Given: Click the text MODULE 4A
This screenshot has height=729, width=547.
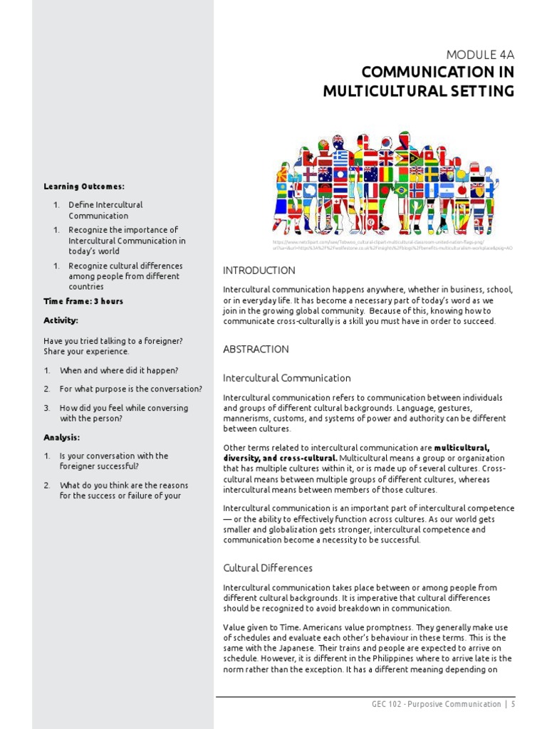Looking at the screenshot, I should point(479,54).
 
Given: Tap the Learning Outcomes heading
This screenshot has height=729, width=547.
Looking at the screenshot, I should point(83,187).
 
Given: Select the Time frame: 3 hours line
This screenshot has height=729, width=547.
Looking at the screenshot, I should point(83,301).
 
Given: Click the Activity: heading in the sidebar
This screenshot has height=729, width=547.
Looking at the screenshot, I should point(61,320).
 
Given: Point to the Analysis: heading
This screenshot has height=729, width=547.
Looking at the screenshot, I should point(61,438).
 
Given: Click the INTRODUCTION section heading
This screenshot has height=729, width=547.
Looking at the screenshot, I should point(259,271).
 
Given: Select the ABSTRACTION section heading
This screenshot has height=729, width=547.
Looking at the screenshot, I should point(256,350).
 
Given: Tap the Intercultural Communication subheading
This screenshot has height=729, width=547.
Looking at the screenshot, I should point(286,378).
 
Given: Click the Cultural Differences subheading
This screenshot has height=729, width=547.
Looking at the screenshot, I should point(267,568).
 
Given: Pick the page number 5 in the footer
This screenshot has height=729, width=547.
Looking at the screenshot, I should point(512,704).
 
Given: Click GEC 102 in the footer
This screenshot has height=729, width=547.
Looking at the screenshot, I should point(387,704).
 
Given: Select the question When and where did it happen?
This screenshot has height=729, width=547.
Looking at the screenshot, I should point(118,371).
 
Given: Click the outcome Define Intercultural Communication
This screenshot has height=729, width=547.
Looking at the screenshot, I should point(105,210).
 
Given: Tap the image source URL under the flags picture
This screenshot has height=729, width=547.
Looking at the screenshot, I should point(392,246).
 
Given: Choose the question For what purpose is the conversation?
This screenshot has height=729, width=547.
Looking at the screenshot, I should point(130,389).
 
